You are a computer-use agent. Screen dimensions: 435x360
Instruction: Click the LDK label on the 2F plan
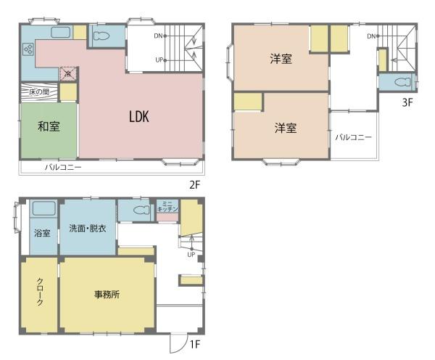139,117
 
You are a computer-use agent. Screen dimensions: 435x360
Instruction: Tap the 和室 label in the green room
49,126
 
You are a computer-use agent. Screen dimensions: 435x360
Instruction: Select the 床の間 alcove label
39,91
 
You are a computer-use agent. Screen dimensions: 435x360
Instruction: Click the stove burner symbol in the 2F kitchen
28,50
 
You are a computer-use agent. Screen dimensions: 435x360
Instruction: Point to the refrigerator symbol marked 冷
67,74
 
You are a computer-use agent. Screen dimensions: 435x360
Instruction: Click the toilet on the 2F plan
101,36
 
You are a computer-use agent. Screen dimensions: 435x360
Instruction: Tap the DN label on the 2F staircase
158,36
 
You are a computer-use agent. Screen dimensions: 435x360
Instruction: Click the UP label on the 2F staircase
159,60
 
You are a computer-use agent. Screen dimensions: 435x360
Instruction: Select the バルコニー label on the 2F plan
63,167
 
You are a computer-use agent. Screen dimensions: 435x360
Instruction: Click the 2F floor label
194,185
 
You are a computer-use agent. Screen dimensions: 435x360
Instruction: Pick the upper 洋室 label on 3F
281,59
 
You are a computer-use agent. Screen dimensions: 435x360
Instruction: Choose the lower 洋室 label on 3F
286,128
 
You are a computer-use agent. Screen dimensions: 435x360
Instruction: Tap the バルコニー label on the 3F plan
353,137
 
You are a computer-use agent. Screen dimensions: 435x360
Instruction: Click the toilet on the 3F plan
402,82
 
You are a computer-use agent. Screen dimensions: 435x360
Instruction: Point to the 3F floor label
407,102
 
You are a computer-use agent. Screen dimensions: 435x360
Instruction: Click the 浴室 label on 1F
42,233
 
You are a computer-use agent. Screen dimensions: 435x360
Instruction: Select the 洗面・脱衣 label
88,229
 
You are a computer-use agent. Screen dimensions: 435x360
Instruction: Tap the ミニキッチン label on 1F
167,207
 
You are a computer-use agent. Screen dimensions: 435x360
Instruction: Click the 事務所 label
107,295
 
